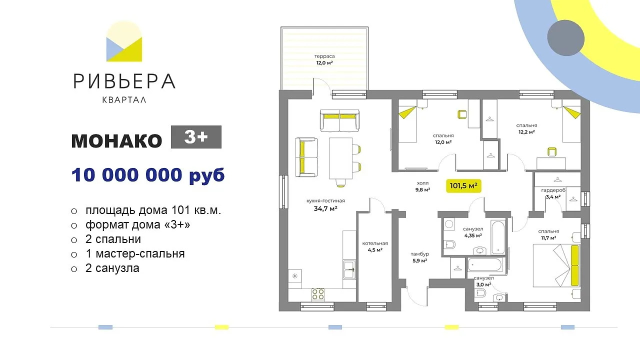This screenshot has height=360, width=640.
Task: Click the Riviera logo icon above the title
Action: point(124,41)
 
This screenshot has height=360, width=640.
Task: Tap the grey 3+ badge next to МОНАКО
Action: point(196,137)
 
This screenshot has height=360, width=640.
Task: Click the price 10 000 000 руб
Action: point(148,175)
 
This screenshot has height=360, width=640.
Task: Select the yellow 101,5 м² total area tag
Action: point(463,186)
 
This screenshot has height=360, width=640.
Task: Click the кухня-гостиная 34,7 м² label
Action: point(325,205)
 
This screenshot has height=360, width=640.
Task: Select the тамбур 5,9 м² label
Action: point(419,257)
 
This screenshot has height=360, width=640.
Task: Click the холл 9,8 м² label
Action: point(422,186)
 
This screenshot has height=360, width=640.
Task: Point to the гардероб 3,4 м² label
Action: point(553,193)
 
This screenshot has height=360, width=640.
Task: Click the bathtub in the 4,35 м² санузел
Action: point(498,237)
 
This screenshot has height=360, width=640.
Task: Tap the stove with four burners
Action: point(317,294)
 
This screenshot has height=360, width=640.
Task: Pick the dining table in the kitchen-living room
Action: point(340,158)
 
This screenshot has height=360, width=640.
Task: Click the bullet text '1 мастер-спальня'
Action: point(135,253)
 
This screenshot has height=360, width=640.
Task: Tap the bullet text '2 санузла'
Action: point(112,268)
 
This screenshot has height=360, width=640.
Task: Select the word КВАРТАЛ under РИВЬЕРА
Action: point(124,99)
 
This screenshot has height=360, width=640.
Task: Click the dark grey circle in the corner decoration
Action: point(565,38)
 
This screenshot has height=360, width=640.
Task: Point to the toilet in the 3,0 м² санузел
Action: point(481,293)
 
